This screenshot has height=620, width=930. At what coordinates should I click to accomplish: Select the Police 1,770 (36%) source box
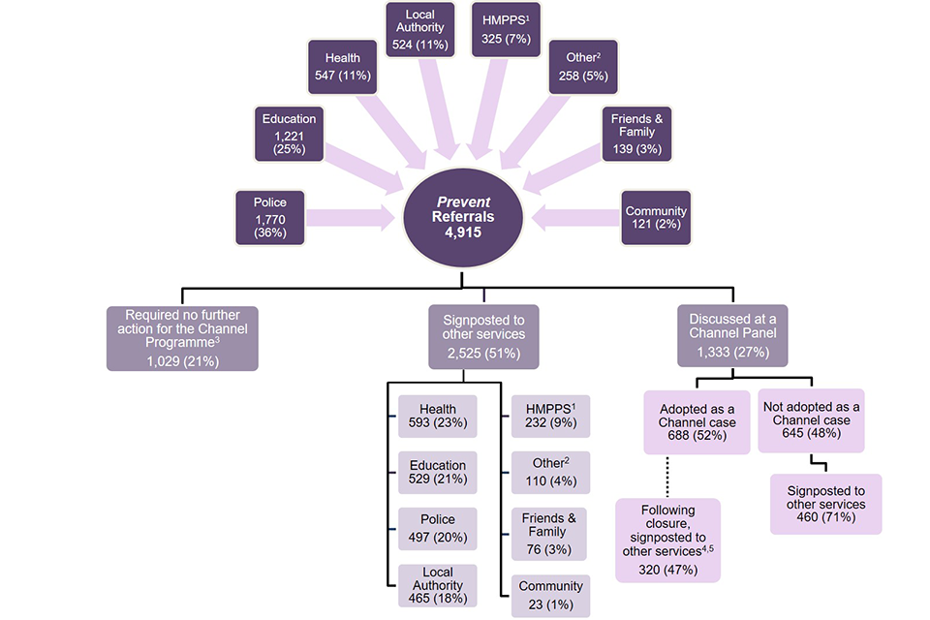point(270,216)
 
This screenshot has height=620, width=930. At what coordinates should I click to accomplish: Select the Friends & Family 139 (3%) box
point(633,132)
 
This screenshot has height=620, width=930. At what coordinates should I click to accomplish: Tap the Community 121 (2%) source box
point(656,218)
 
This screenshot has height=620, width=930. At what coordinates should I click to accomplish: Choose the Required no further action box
point(183,339)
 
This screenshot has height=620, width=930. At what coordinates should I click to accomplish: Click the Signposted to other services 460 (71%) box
point(825,504)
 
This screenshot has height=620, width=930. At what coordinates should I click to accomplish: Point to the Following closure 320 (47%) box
point(667,540)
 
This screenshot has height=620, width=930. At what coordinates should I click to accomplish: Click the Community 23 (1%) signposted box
point(549,594)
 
